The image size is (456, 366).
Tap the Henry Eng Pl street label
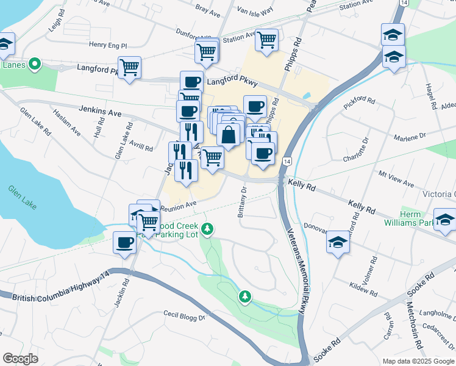point(107,45)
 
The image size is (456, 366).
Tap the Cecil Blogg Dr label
point(185,315)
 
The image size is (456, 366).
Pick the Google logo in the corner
point(20,359)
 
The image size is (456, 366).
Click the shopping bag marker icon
point(228,135)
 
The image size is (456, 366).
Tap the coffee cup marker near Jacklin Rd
point(125,243)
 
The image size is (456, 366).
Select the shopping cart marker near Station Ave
point(266,40)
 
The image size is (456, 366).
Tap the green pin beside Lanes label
point(35,63)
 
